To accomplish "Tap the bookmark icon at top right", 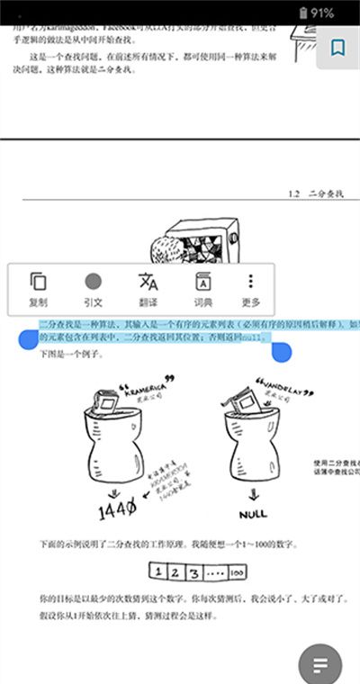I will [337, 48].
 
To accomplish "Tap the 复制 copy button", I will [39, 289].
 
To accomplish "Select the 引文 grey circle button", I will [93, 289].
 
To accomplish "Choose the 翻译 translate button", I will [148, 289].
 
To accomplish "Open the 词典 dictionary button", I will [202, 289].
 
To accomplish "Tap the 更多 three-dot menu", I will [251, 289].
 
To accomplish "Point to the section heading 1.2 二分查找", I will [318, 193].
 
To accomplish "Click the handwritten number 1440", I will [117, 510].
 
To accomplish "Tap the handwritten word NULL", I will [253, 514].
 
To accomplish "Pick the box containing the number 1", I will [157, 571].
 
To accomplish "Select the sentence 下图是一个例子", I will [71, 355].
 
